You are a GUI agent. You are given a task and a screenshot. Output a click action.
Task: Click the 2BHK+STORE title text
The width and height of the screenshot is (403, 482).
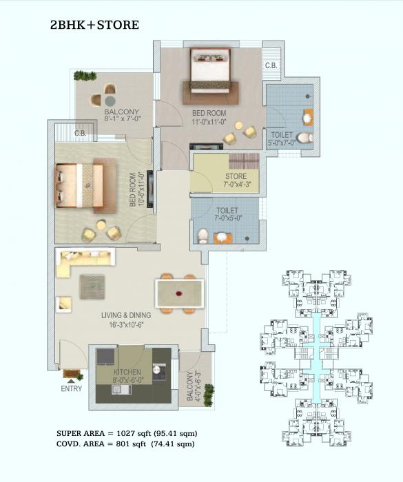coord(94,25)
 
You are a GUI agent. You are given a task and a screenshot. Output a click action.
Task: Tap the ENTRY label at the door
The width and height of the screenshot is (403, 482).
coord(71,388)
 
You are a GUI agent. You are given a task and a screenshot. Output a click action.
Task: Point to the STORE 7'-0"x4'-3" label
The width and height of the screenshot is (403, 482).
coord(236,180)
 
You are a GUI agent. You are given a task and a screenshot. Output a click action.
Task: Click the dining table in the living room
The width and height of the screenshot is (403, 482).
coord(179,293)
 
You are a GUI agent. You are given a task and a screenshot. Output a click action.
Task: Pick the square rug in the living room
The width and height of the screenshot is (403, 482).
coord(92,286)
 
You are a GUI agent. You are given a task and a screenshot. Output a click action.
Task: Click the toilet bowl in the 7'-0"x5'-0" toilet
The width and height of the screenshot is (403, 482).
coord(203,236)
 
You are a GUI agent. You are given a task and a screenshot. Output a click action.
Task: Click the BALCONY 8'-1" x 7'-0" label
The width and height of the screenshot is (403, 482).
coord(122,116)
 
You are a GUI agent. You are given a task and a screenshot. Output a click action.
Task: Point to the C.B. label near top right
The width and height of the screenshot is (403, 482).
coord(271,65)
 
